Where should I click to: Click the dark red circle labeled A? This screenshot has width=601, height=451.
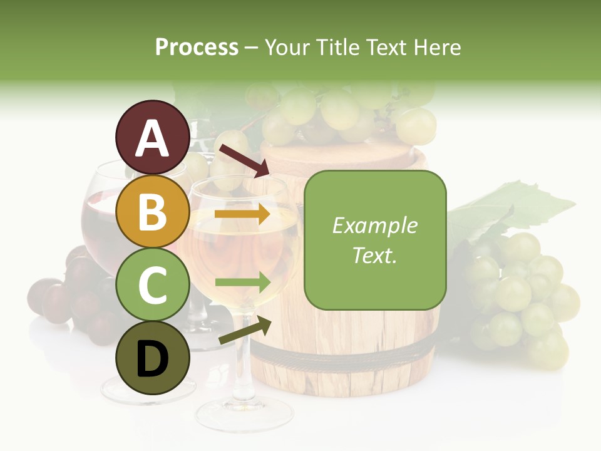[x=152, y=137]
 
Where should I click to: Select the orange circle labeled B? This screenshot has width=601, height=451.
[x=152, y=212]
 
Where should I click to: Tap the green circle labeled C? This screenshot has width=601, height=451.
[x=152, y=285]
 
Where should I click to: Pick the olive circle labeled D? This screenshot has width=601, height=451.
[x=152, y=358]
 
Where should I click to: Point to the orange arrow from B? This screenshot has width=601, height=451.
[x=242, y=214]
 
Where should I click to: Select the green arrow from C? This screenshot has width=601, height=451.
[x=242, y=283]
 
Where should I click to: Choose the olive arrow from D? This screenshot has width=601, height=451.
[x=245, y=330]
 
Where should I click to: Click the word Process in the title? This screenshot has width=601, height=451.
[x=197, y=47]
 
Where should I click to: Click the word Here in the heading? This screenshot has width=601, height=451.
[x=436, y=47]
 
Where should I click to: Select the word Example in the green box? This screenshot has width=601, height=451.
[x=374, y=225]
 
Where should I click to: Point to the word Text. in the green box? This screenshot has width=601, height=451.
[x=374, y=255]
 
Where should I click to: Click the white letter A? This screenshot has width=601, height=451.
[x=152, y=138]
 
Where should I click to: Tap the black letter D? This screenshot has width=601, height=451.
[x=152, y=359]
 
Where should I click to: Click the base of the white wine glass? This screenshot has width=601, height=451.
[x=244, y=413]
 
